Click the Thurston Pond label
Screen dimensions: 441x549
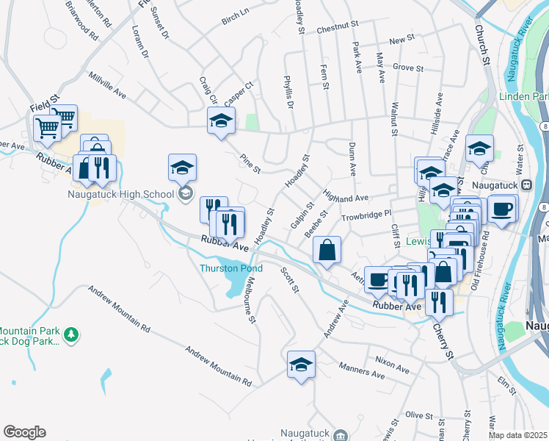(231, 268)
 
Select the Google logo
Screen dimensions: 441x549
(24, 432)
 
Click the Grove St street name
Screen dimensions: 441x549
(409, 68)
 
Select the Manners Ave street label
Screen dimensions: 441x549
(362, 370)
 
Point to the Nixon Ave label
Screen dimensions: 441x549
(391, 361)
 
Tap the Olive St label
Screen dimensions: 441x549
(419, 415)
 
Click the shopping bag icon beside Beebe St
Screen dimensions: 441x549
(327, 250)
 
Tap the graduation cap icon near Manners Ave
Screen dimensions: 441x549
(301, 364)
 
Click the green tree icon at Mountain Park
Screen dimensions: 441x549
(71, 335)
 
